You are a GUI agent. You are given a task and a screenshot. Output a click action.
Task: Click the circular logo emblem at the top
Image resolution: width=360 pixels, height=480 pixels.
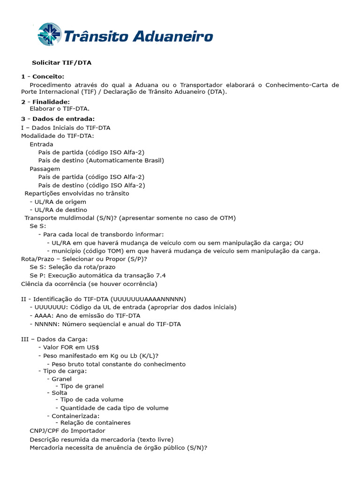(x=49, y=34)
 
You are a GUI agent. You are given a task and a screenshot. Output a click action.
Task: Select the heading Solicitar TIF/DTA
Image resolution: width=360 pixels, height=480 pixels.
(x=65, y=62)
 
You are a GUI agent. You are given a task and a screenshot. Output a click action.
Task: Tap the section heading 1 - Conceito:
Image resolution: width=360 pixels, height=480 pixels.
(x=43, y=76)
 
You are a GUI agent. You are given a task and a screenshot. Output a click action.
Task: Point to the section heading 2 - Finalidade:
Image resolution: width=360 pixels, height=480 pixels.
(x=45, y=102)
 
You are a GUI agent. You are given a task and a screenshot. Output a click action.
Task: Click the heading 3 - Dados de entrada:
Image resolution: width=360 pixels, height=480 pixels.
(x=58, y=119)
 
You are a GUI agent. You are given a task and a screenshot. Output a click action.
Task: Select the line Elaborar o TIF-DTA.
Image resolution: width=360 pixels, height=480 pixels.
(x=60, y=109)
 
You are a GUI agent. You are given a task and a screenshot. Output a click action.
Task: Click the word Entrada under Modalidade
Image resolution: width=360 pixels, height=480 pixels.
(x=41, y=144)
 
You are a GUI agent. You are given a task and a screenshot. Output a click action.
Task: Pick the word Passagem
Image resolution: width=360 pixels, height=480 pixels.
(x=45, y=169)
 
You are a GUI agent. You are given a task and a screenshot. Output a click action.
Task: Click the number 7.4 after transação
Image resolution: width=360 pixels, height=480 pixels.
(x=160, y=275)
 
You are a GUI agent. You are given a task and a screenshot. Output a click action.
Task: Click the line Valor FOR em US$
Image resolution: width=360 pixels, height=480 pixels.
(x=71, y=347)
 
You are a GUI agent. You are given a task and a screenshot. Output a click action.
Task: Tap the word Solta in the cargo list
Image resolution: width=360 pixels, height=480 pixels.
(x=59, y=393)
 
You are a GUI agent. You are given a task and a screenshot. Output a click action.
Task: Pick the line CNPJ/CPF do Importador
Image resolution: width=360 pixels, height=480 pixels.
(x=67, y=431)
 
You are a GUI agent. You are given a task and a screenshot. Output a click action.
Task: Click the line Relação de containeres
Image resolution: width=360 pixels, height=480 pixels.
(x=96, y=423)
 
